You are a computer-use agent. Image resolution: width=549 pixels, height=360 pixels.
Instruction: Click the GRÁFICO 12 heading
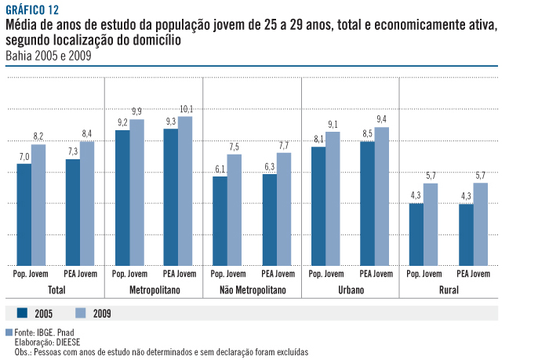click(31, 9)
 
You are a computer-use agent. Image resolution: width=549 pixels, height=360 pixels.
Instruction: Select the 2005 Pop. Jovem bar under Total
click(24, 214)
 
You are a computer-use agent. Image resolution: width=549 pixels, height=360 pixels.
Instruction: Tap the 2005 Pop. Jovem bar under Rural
click(416, 235)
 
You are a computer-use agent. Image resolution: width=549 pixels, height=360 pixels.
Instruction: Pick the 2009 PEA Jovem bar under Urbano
click(382, 196)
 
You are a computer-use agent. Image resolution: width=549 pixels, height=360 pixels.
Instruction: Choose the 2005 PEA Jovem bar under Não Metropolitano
click(269, 220)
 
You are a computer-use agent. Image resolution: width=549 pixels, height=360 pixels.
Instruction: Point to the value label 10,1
click(186, 109)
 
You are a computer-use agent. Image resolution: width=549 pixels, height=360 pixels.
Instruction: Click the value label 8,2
click(38, 136)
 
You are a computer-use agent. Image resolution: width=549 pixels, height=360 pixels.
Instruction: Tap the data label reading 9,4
click(382, 119)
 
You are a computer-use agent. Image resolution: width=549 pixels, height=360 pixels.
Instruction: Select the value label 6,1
click(220, 169)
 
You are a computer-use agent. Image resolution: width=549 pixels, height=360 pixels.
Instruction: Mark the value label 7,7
click(284, 145)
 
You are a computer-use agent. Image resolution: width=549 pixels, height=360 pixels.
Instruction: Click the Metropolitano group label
click(155, 290)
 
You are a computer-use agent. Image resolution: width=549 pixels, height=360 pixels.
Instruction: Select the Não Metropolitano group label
click(253, 290)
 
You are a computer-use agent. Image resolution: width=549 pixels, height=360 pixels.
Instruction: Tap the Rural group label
click(449, 290)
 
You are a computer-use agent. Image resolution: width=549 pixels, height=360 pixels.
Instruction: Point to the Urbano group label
click(351, 290)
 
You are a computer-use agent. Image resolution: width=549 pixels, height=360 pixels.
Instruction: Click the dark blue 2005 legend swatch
click(22, 312)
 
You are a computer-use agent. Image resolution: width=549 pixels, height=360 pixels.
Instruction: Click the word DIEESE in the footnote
click(67, 343)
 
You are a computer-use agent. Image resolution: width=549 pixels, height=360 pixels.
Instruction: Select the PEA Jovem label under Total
click(81, 274)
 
